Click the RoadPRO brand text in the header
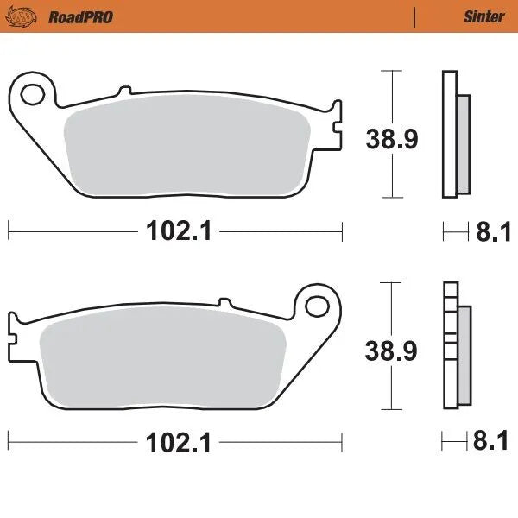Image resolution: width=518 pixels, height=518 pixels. (x=80, y=16)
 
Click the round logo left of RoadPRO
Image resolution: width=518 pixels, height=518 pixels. (x=26, y=16)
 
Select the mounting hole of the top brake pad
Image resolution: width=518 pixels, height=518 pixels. (x=34, y=92)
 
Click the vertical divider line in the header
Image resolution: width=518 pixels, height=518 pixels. (x=415, y=16)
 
